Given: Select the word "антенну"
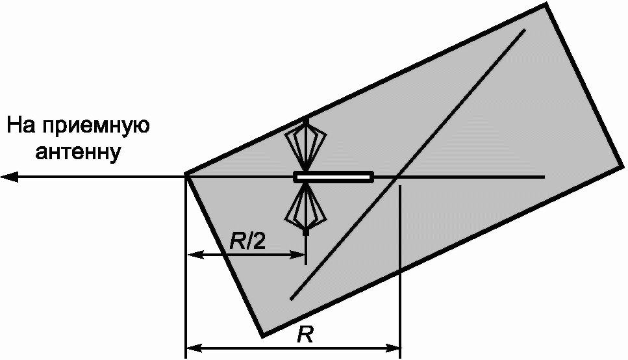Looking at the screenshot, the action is pos(78,152).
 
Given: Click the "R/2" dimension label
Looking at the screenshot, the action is pos(247,241).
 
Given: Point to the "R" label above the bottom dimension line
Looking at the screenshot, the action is pos(305,335).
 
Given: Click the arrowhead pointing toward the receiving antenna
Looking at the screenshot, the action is pos(9,176).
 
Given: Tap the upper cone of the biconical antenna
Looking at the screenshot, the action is pos(306,145).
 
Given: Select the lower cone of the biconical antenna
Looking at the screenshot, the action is pos(306,209).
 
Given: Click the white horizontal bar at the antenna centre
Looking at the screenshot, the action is pos(334,177).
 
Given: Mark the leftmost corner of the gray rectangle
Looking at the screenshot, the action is pos(186,174).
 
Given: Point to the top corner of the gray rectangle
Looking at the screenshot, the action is pos(546,4).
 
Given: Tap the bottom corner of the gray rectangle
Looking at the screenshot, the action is pos(262,336).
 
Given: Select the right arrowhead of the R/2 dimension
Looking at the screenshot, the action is pos(298,255).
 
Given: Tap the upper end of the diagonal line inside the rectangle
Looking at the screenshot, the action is pos(525,30).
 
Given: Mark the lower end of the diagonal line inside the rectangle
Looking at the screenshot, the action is pos(291,299).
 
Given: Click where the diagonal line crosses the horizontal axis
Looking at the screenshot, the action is pos(397,176).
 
